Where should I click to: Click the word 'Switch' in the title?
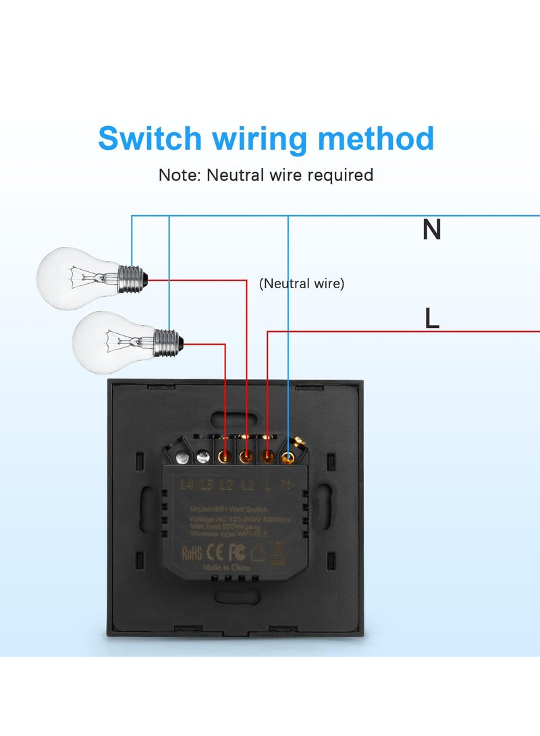pyautogui.click(x=150, y=138)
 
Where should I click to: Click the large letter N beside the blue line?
pyautogui.click(x=431, y=230)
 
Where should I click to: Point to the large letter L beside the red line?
pyautogui.click(x=432, y=318)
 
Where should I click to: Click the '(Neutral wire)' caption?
pyautogui.click(x=302, y=284)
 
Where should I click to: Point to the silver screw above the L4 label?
pyautogui.click(x=182, y=458)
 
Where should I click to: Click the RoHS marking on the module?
pyautogui.click(x=193, y=553)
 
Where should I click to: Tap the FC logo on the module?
pyautogui.click(x=236, y=553)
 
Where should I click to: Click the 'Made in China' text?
pyautogui.click(x=227, y=568)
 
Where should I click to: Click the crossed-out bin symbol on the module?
pyautogui.click(x=277, y=552)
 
